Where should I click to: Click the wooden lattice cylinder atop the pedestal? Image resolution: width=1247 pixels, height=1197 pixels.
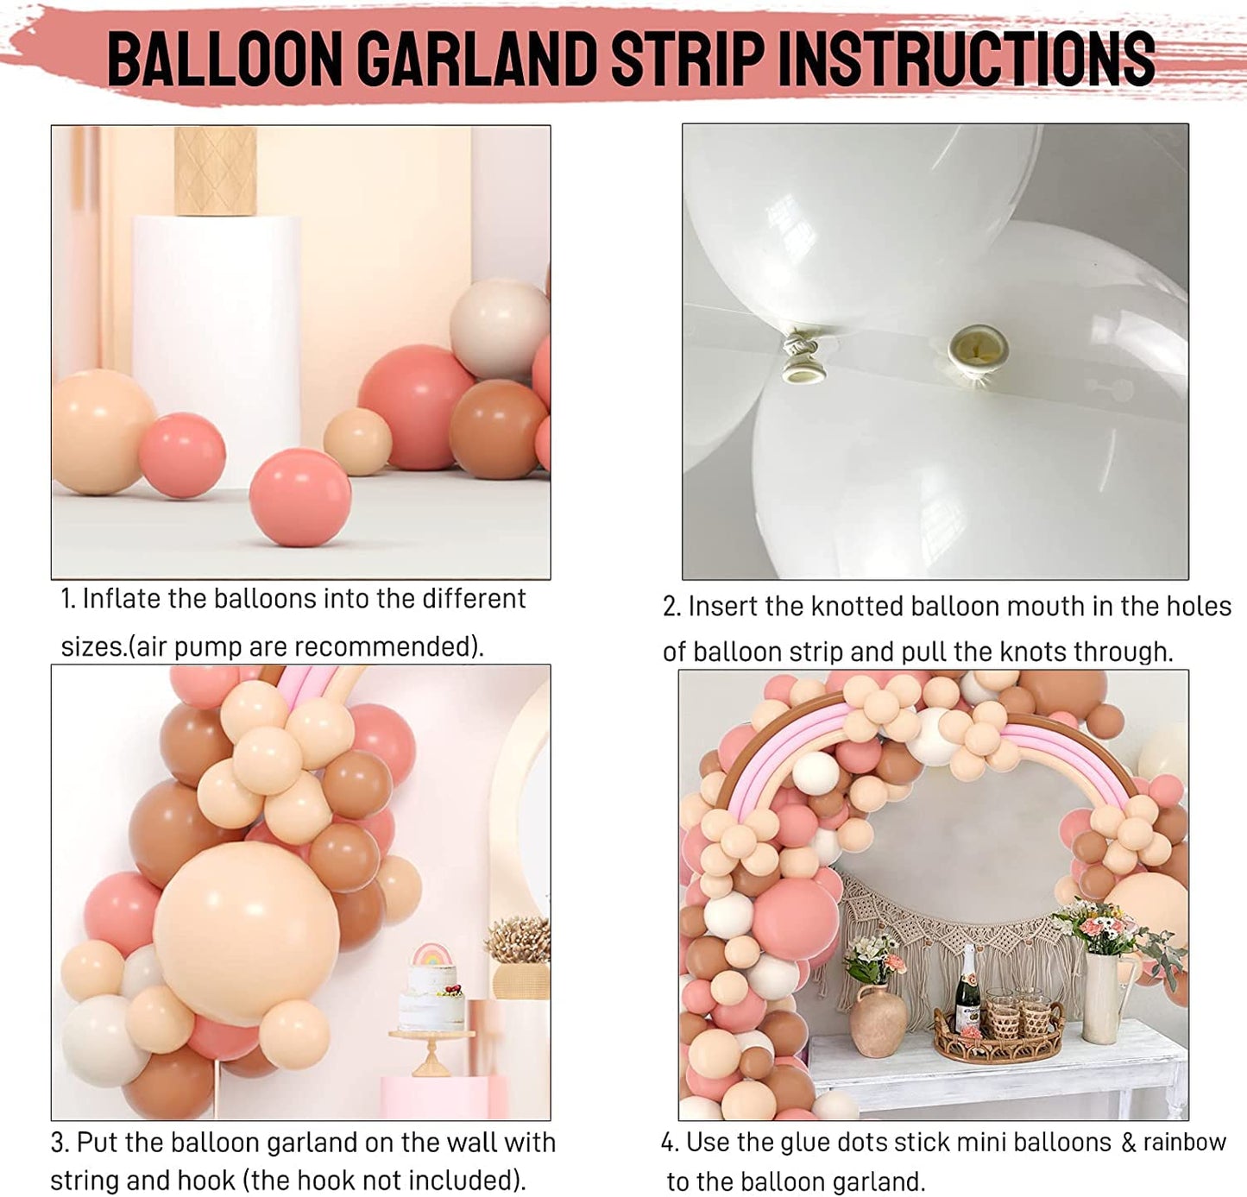(215, 171)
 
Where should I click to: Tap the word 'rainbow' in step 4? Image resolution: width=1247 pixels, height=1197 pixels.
(1184, 1142)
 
